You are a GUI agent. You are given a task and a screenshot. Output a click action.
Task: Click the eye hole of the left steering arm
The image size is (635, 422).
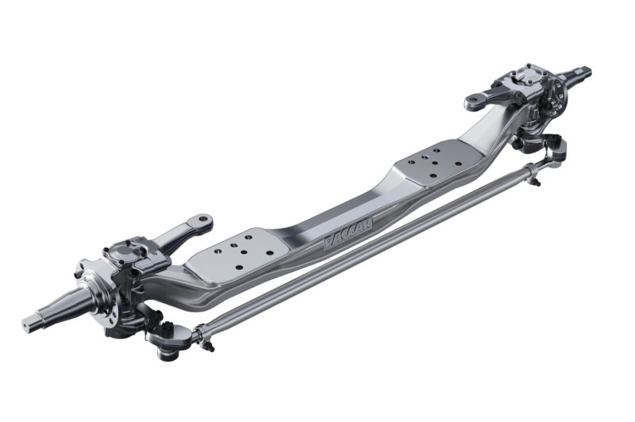tap(205, 218)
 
